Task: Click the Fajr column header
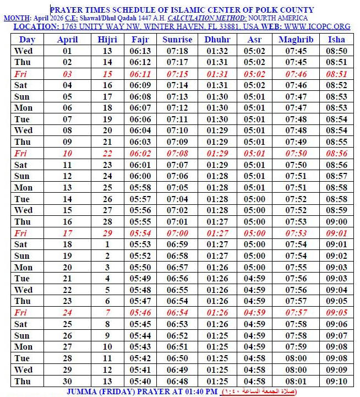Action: point(140,40)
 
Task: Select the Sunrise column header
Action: point(177,40)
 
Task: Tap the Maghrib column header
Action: point(296,40)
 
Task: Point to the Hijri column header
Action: point(107,40)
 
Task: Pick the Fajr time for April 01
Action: point(140,51)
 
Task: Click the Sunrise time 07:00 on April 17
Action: point(177,233)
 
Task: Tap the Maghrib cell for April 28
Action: point(296,358)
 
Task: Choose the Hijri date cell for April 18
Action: point(107,244)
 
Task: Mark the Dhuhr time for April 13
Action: point(217,187)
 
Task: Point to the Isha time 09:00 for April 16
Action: point(336,221)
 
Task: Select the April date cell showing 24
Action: point(67,312)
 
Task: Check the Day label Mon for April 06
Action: point(23,108)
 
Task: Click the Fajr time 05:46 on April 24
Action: point(140,312)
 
